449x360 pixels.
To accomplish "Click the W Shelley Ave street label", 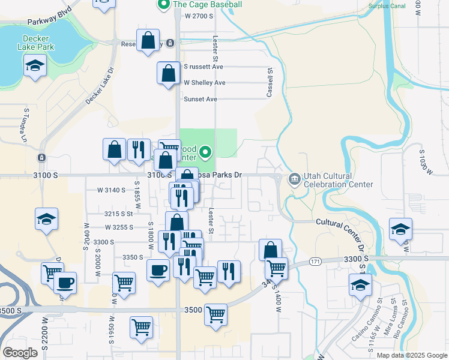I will [204, 83].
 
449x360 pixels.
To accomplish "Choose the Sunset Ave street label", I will [200, 99].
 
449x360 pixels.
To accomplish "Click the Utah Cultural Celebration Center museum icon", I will [294, 179].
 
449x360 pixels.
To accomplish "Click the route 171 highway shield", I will [315, 262].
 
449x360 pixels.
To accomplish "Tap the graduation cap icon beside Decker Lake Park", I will [35, 66].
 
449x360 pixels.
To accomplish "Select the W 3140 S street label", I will [111, 190].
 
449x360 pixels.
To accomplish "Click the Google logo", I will [20, 353].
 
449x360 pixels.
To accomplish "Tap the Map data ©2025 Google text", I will [412, 355].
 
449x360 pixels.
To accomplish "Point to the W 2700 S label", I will [199, 16].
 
